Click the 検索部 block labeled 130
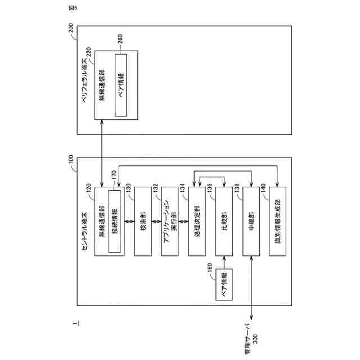click(x=143, y=221)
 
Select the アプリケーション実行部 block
click(x=170, y=221)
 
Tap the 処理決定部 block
click(x=197, y=221)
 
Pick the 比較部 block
click(x=224, y=221)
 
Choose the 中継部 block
click(x=251, y=221)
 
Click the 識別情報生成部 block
click(x=278, y=221)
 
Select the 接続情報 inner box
click(x=115, y=221)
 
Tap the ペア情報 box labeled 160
click(x=224, y=285)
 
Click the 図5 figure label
click(x=71, y=8)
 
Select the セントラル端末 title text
click(x=84, y=231)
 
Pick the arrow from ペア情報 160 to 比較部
click(x=224, y=263)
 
